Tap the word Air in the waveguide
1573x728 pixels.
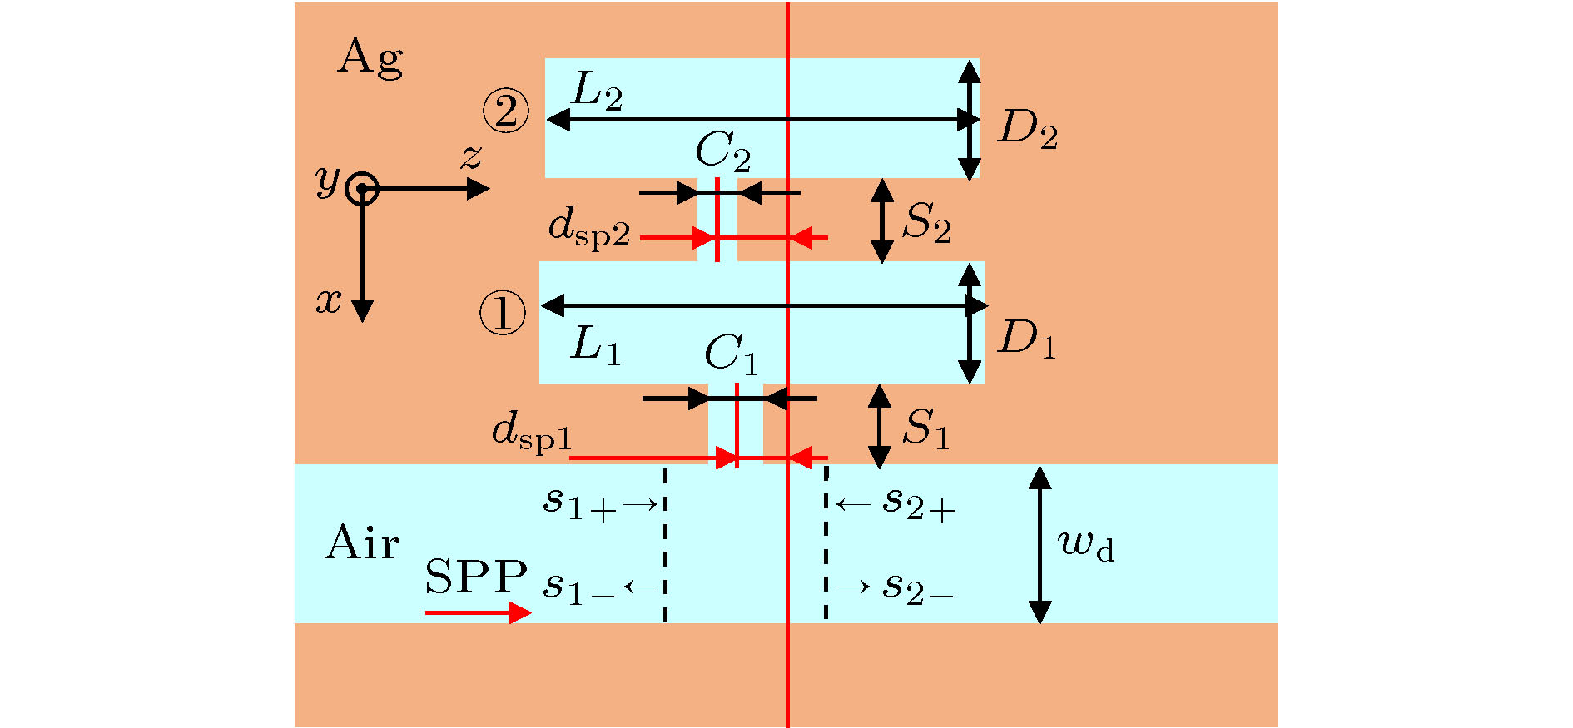[x=362, y=543]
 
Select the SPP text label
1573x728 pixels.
[x=475, y=576]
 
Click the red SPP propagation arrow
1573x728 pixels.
[x=478, y=613]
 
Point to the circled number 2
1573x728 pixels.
[x=506, y=111]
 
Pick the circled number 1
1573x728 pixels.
[x=503, y=314]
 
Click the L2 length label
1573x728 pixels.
[x=597, y=92]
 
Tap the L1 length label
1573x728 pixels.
[x=596, y=344]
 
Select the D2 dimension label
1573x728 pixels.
[x=1028, y=130]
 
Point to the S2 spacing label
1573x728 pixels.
[x=926, y=223]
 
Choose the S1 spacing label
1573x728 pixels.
[x=925, y=429]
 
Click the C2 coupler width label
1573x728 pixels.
[x=722, y=152]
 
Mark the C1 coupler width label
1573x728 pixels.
[x=731, y=354]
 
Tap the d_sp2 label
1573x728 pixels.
[x=589, y=228]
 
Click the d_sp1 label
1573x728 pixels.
[x=532, y=433]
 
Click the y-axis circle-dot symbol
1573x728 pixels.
[x=362, y=189]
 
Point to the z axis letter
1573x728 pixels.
[x=472, y=156]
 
